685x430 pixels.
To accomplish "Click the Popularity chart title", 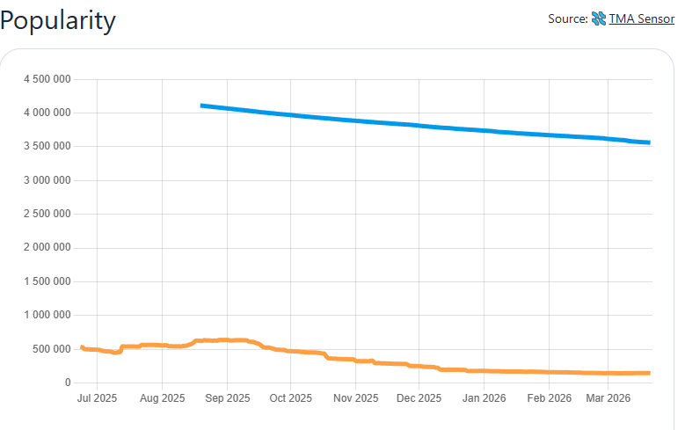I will click(x=58, y=20).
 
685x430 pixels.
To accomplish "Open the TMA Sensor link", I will click(x=641, y=18).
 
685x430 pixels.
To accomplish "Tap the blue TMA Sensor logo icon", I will click(x=599, y=18).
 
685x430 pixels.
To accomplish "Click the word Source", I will click(x=566, y=18).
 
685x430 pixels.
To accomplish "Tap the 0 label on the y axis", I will click(x=67, y=383).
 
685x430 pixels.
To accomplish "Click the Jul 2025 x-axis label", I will click(x=97, y=398).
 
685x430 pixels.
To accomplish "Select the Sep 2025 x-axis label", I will click(x=227, y=398).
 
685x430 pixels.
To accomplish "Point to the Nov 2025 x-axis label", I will click(x=355, y=398).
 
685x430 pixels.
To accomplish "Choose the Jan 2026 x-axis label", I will click(x=484, y=398).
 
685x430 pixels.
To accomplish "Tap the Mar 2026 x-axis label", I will click(x=608, y=398).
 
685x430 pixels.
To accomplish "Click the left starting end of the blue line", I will click(x=202, y=106).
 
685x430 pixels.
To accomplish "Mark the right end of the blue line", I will click(x=649, y=142).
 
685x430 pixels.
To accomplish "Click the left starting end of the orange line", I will click(x=82, y=347).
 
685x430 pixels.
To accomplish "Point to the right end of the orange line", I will click(x=649, y=373).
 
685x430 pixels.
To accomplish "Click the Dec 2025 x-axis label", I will click(x=419, y=398).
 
